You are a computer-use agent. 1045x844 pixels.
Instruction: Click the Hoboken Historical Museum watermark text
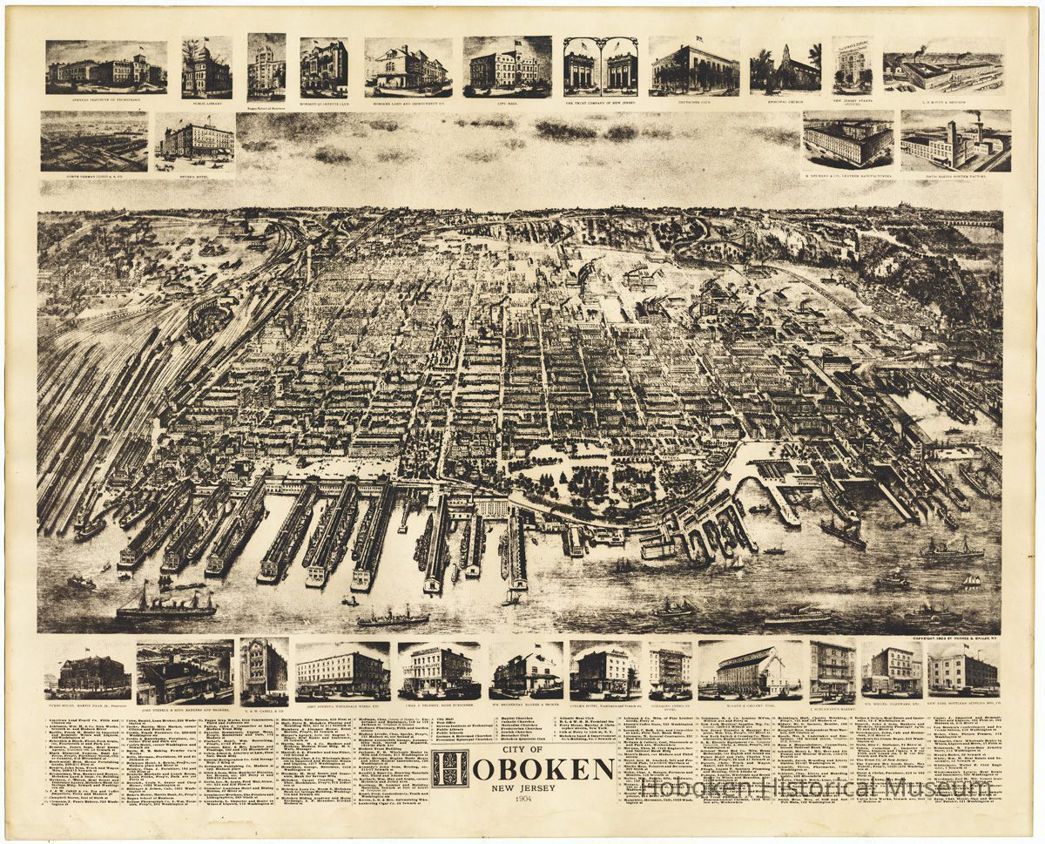point(816,787)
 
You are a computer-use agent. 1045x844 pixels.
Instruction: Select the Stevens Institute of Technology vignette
point(106,66)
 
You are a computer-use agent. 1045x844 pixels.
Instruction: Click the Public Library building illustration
point(206,68)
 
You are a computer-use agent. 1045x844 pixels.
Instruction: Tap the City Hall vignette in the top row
point(507,66)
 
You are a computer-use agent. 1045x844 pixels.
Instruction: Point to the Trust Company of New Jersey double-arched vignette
point(600,66)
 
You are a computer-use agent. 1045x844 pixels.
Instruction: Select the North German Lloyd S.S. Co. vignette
point(94,139)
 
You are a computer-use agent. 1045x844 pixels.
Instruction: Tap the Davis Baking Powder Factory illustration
point(955,139)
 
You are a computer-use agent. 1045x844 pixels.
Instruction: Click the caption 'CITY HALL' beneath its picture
point(507,100)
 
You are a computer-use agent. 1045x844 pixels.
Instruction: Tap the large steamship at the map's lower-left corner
point(165,604)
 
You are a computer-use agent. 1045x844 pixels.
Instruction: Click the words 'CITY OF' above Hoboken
point(522,748)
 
